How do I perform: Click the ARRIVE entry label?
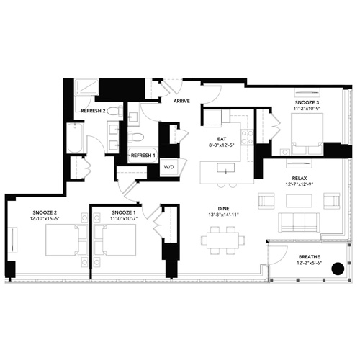[x=181, y=101]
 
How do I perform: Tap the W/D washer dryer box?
[x=169, y=167]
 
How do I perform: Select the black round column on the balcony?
[x=338, y=269]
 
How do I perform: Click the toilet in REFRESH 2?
[x=114, y=111]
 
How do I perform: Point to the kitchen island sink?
[x=225, y=168]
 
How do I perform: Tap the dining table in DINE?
[x=223, y=240]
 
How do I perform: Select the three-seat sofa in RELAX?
[x=299, y=222]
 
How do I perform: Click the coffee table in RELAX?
[x=299, y=201]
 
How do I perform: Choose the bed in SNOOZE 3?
[x=307, y=134]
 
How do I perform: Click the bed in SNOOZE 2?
[x=66, y=240]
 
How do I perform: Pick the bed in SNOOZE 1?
[x=114, y=240]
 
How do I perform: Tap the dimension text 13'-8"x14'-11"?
[x=223, y=215]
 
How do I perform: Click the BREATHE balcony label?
[x=310, y=257]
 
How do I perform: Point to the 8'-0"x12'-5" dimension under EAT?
[x=222, y=145]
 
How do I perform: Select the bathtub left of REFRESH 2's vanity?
[x=76, y=138]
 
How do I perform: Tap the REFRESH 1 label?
[x=143, y=156]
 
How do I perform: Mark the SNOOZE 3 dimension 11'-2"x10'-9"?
[x=307, y=108]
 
